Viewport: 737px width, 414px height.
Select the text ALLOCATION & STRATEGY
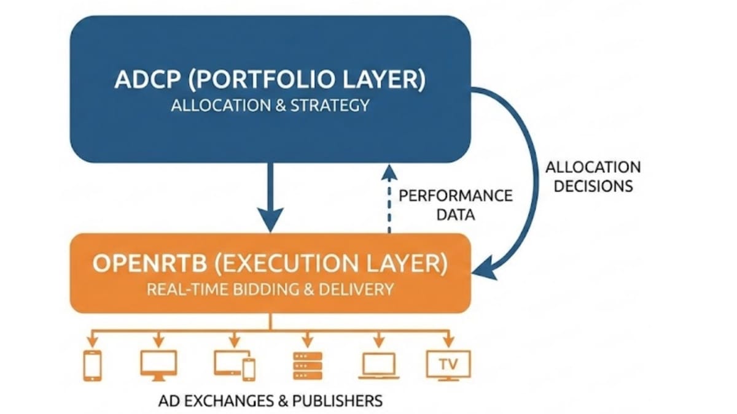point(270,105)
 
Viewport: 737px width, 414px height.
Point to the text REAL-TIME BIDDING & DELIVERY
point(270,289)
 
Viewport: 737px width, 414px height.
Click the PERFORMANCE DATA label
point(455,205)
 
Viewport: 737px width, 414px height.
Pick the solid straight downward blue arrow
point(270,196)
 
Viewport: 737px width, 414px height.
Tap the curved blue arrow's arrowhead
point(485,268)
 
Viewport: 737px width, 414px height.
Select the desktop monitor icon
point(158,364)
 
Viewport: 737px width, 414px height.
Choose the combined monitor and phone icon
point(234,365)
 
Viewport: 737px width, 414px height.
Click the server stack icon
point(306,365)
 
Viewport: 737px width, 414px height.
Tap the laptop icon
point(378,366)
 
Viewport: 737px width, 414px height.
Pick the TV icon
point(448,365)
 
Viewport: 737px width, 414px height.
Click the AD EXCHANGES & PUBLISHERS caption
point(270,401)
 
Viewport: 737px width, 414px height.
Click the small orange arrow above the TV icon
point(448,339)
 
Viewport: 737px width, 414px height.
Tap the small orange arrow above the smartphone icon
point(92,339)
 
